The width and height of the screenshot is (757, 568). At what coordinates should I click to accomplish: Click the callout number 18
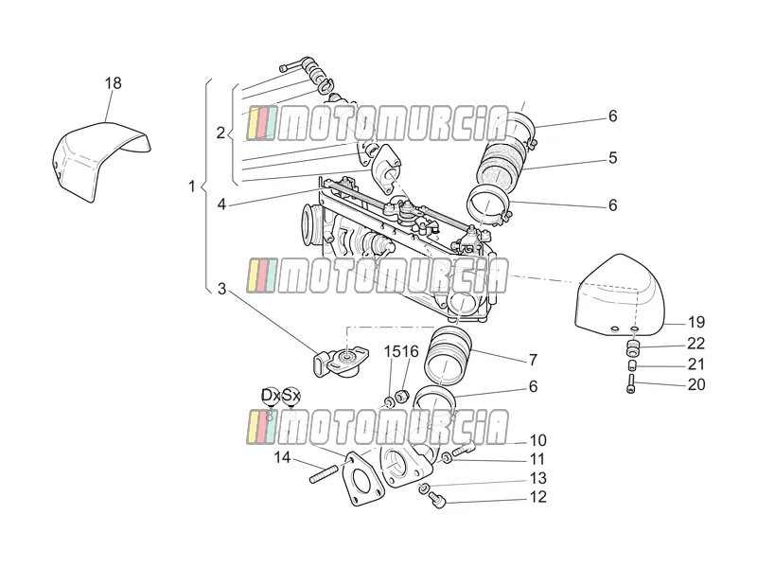tap(114, 83)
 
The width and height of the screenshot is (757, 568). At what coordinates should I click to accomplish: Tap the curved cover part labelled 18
tap(97, 157)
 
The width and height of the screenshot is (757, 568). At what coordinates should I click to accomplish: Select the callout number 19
tap(696, 322)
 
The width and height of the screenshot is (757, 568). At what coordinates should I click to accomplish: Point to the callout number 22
tap(696, 344)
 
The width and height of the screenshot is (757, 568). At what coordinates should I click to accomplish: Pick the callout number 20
tap(696, 384)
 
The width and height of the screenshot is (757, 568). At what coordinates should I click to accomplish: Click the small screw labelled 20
tap(631, 384)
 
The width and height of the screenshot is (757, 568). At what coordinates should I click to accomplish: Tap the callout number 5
tap(612, 158)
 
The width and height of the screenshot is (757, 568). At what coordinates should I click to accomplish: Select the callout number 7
tap(533, 360)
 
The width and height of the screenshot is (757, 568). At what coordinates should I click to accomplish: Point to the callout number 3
tap(221, 289)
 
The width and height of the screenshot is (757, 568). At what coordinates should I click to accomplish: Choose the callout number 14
tap(282, 457)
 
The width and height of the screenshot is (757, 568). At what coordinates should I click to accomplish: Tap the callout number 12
tap(537, 497)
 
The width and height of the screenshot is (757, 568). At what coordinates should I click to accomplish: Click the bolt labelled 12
tap(438, 500)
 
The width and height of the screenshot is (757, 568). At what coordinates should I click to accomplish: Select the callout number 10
tap(537, 440)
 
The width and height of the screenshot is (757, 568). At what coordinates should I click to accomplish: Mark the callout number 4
tap(221, 204)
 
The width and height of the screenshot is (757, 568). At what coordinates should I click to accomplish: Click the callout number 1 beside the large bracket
tap(192, 186)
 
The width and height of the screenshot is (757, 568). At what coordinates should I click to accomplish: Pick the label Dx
tap(271, 395)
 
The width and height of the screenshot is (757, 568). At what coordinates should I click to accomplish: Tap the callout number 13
tap(537, 478)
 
